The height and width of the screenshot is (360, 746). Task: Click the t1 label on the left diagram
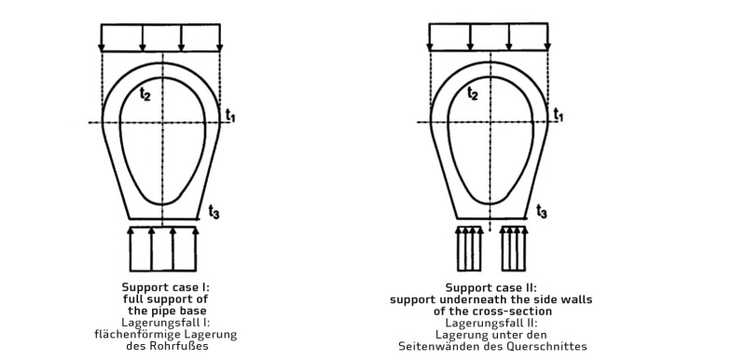[x=230, y=116]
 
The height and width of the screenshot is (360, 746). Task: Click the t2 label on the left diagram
[x=145, y=94]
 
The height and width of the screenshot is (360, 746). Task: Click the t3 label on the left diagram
[x=214, y=212]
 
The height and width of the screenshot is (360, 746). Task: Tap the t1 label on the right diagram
[x=558, y=115]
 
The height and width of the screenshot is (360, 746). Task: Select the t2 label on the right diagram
[x=473, y=93]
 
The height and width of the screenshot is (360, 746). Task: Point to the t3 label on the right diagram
[x=542, y=211]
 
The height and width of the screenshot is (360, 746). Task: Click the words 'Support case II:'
[x=491, y=287]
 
